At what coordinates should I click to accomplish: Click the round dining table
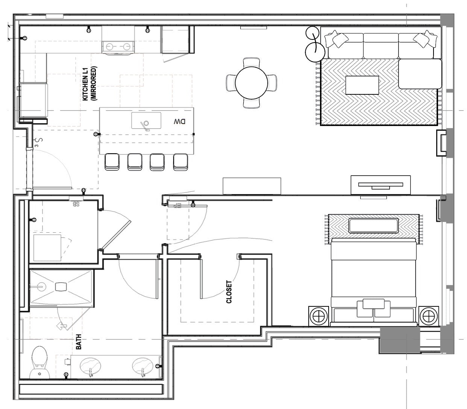click(x=251, y=83)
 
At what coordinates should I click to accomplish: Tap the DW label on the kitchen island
click(x=180, y=122)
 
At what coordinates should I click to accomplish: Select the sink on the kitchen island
click(x=146, y=120)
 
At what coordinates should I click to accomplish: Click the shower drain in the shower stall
click(x=61, y=286)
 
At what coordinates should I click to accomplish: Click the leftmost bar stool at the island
click(x=112, y=162)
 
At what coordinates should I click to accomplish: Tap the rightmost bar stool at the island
click(x=180, y=162)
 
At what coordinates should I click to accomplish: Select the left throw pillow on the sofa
click(x=337, y=39)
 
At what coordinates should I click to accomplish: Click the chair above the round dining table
click(x=251, y=62)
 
